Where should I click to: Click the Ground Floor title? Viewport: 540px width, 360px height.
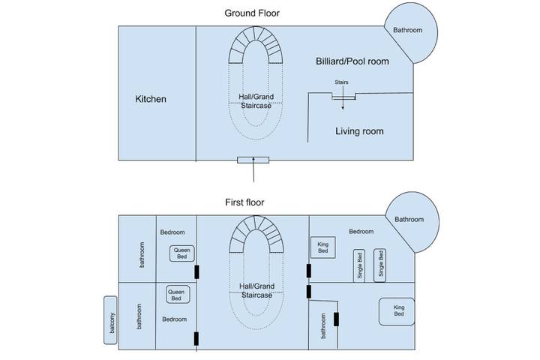point(254,13)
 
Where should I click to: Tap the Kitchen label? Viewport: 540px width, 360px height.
point(151,99)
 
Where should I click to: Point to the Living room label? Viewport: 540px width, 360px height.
point(358,131)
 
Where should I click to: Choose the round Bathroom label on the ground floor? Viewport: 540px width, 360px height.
point(408,30)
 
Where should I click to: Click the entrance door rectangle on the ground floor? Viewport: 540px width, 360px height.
point(253,160)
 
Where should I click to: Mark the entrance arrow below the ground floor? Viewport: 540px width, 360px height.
point(254,172)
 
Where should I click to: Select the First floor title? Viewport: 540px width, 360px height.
point(244,202)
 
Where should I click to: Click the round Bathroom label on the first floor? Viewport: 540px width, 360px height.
point(409,220)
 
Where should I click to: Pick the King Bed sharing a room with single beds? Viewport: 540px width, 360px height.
point(322,247)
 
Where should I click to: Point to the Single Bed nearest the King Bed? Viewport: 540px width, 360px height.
point(359,265)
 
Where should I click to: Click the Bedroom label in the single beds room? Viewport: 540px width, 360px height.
point(361,232)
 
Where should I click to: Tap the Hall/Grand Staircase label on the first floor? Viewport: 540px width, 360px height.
point(255,291)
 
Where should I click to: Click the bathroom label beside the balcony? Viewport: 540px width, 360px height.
point(139,316)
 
